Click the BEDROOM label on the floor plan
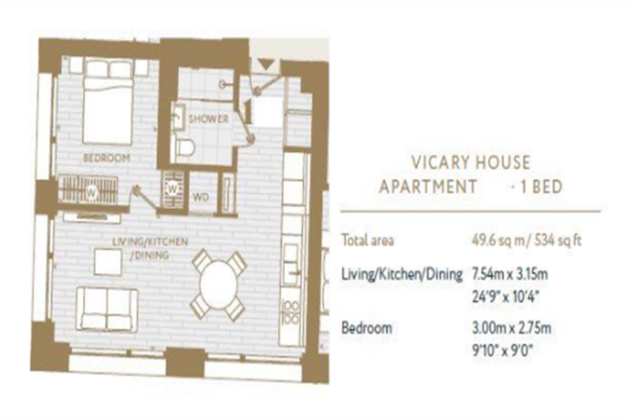coord(106,158)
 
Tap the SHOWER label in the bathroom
coord(208,119)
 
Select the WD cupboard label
coord(201,198)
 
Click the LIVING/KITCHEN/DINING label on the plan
coord(150,248)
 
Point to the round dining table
coord(218,285)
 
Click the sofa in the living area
coord(107,309)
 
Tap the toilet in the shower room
coord(185,147)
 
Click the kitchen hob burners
coord(291,313)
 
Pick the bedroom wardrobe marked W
coord(88,190)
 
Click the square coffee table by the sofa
coord(107,263)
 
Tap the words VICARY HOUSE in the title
coord(471,163)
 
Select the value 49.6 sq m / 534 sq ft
coord(526,240)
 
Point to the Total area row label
coord(367,240)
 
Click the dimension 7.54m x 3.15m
coord(510,275)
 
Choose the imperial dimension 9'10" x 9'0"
coord(502,351)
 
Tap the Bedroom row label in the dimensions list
coord(367,328)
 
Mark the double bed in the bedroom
coord(107,102)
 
